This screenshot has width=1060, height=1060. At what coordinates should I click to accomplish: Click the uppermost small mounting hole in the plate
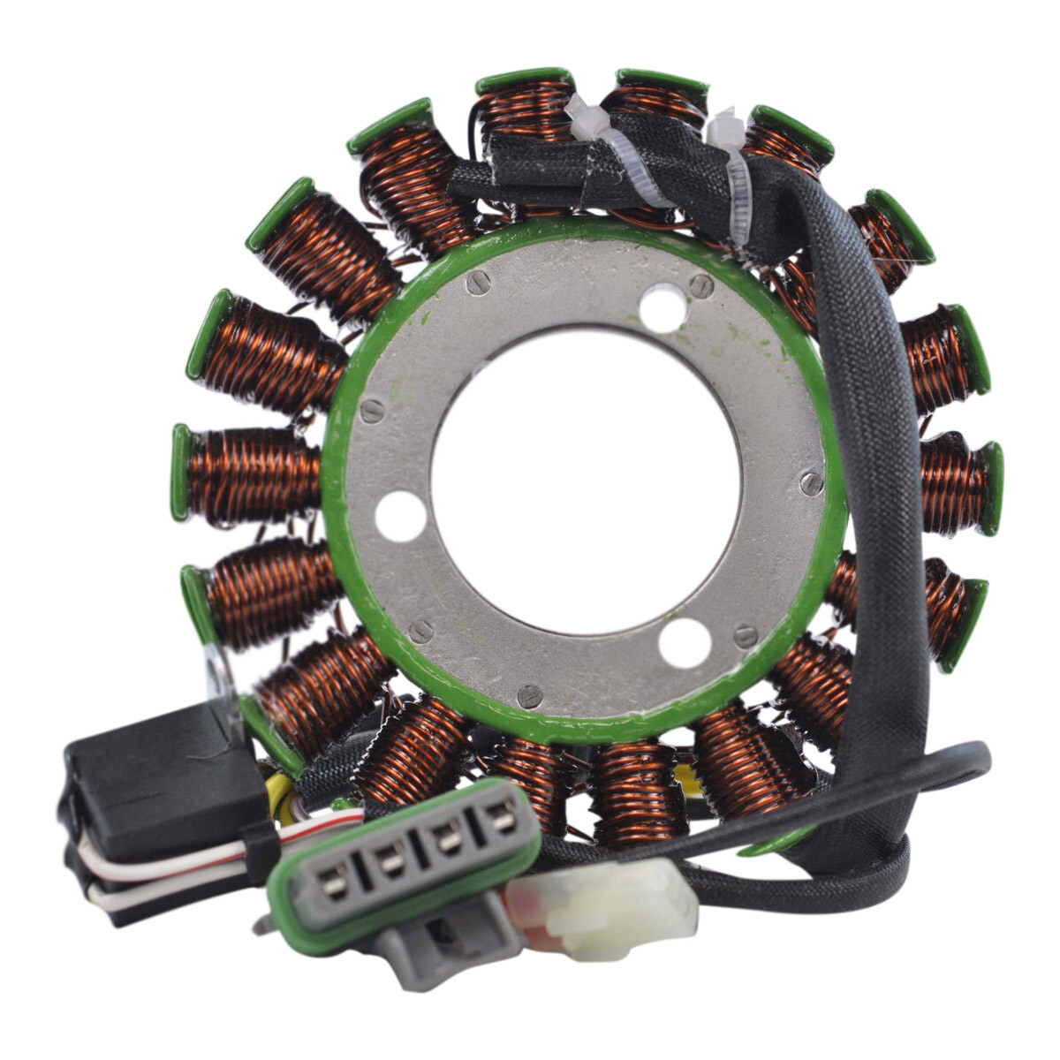[662, 309]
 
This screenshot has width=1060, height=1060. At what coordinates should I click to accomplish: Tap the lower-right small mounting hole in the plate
[685, 642]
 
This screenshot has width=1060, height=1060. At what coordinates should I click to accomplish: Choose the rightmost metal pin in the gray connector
[501, 819]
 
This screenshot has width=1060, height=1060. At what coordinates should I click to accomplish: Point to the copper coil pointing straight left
[247, 474]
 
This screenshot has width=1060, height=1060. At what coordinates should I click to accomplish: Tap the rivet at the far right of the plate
[810, 481]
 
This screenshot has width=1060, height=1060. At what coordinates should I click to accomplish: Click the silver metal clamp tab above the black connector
[216, 671]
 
